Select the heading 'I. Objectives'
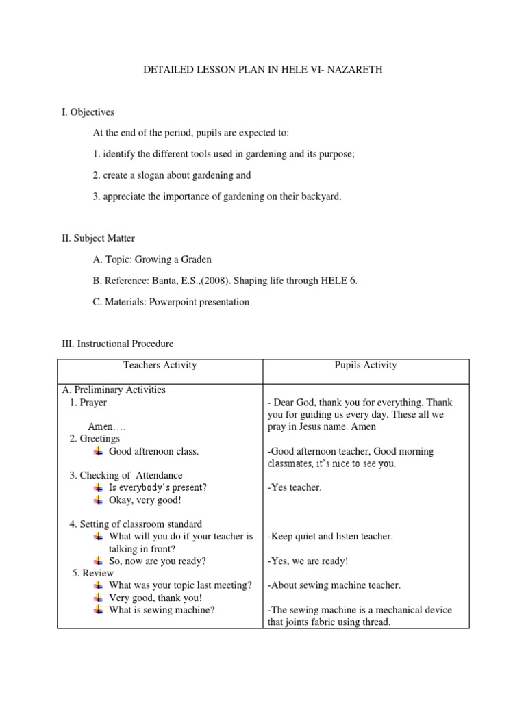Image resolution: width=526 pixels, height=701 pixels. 88,112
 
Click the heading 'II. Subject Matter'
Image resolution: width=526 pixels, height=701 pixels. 99,238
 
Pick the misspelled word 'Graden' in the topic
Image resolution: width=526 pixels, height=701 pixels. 197,259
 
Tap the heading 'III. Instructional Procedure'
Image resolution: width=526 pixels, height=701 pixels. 118,344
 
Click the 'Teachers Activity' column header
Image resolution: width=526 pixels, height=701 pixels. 160,366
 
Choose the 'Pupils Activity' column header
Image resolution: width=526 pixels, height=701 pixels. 366,366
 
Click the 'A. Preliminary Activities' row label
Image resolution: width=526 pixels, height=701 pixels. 114,390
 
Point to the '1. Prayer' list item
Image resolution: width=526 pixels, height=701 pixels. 88,403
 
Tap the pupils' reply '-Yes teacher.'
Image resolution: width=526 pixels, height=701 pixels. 295,487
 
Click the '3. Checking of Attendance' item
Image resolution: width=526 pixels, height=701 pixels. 126,475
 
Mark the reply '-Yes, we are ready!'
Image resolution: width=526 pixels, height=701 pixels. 308,561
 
